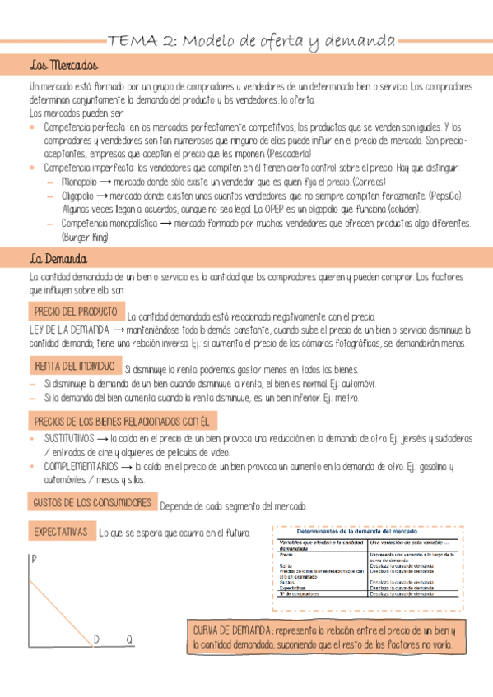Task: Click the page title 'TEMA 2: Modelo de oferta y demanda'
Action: point(252,40)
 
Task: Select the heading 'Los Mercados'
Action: point(63,66)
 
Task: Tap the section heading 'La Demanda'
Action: point(58,259)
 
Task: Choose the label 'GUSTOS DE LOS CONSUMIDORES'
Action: point(91,502)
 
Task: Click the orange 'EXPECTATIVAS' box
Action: point(61,532)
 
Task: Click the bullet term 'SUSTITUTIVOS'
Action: point(69,439)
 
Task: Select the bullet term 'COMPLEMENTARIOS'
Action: point(81,466)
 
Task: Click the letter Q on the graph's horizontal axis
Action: point(129,639)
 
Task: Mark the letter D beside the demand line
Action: point(96,639)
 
